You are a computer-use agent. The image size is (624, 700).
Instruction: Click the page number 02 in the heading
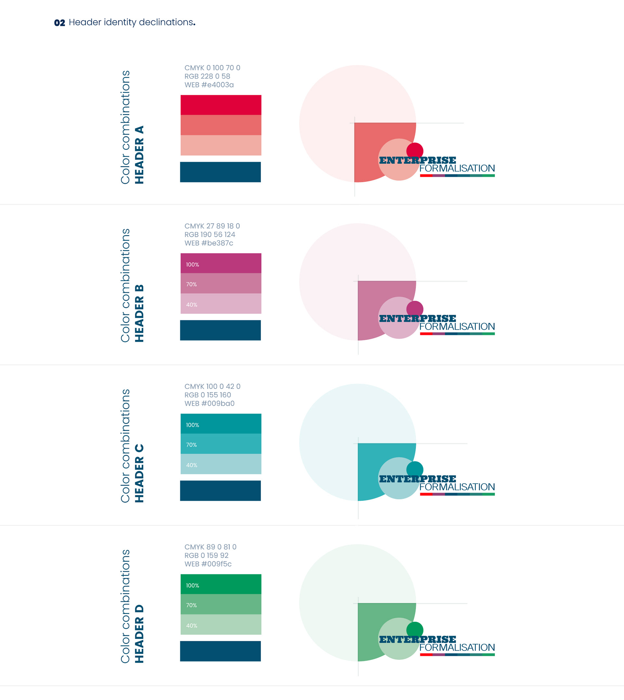[59, 23]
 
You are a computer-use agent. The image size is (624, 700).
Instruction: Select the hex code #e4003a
[217, 85]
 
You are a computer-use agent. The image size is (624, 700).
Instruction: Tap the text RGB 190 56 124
[210, 234]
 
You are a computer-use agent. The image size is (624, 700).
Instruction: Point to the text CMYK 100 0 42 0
[212, 386]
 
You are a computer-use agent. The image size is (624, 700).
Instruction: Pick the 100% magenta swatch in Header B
[221, 263]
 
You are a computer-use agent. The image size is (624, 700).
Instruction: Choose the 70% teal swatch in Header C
[221, 444]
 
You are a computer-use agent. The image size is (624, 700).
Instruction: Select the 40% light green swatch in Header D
[221, 624]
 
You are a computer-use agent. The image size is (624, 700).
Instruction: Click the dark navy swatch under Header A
[220, 172]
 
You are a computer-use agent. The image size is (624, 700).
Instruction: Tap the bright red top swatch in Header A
[221, 105]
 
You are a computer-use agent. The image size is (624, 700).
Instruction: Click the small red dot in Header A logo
[415, 150]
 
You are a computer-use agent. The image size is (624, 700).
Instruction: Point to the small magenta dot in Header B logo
[415, 308]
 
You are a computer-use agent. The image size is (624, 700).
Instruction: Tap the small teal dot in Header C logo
[415, 469]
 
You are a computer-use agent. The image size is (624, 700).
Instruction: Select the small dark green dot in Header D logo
[415, 629]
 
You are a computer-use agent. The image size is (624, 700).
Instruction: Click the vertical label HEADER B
[139, 313]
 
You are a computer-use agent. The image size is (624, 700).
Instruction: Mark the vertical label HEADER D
[139, 634]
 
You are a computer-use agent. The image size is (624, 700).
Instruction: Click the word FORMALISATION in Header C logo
[457, 487]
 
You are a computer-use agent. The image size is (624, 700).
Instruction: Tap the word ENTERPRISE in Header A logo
[417, 160]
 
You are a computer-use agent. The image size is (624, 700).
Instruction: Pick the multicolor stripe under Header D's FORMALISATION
[457, 655]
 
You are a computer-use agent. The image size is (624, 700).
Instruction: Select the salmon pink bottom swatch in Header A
[221, 145]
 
